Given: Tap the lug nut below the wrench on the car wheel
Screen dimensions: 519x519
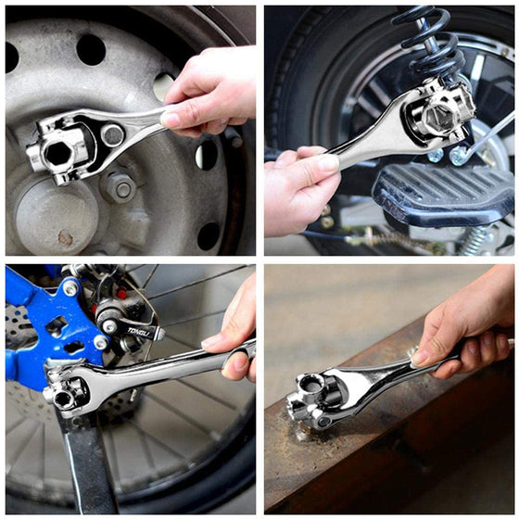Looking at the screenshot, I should [x=120, y=187].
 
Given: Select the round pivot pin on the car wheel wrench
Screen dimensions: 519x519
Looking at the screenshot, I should [x=113, y=135].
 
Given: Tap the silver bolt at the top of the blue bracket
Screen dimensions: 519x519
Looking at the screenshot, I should [x=70, y=287].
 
